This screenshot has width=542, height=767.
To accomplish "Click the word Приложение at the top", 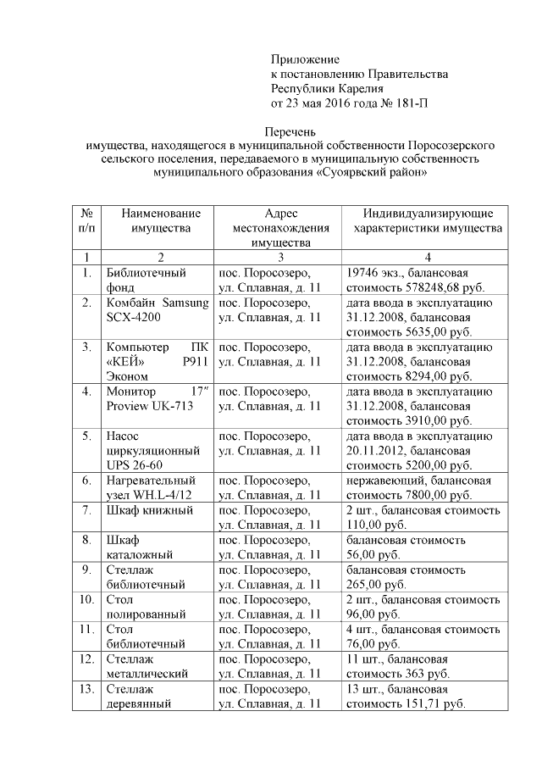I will pos(305,59).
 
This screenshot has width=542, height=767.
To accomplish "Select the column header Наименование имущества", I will pos(161,220).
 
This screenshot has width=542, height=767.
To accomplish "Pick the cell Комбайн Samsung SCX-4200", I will pos(157,310).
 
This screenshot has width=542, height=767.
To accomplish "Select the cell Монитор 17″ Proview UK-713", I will pos(157,398).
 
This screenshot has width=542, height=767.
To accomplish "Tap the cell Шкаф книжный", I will pos(149,509).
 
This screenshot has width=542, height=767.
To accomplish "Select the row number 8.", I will pos(86,539).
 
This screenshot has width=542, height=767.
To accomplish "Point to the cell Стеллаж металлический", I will pos(146,665).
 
